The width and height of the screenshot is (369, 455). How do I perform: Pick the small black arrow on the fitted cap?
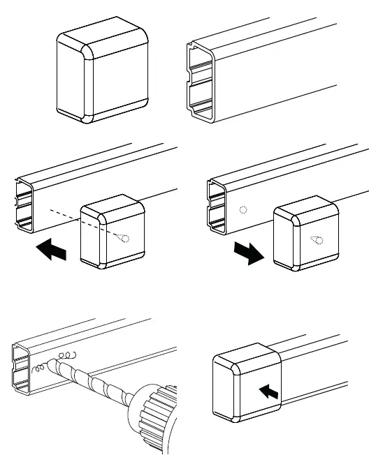(x=270, y=391)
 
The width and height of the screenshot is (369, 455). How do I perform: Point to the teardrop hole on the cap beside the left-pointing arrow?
(x=122, y=238)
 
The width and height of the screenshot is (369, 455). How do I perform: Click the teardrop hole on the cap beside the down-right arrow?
(x=317, y=241)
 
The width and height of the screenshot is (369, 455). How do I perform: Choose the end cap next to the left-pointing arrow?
(x=112, y=234)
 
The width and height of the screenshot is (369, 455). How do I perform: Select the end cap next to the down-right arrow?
(x=305, y=237)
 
